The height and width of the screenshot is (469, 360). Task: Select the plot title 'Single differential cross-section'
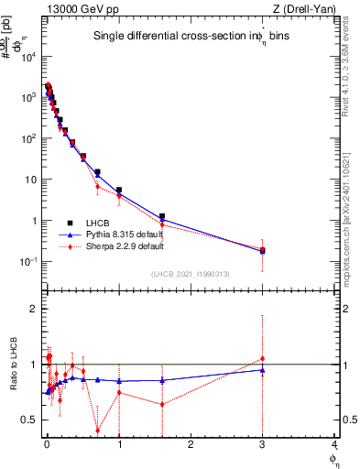click(165, 37)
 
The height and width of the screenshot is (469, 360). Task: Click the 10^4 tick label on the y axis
click(27, 57)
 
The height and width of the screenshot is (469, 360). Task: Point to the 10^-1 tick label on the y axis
click(27, 262)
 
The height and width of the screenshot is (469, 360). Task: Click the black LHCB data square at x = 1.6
click(162, 217)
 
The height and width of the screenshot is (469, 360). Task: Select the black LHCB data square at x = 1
click(119, 190)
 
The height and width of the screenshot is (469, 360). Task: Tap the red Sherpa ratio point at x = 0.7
click(98, 431)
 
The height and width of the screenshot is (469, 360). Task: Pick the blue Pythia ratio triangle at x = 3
click(263, 370)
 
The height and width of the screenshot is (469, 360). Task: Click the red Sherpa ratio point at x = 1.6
click(162, 404)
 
